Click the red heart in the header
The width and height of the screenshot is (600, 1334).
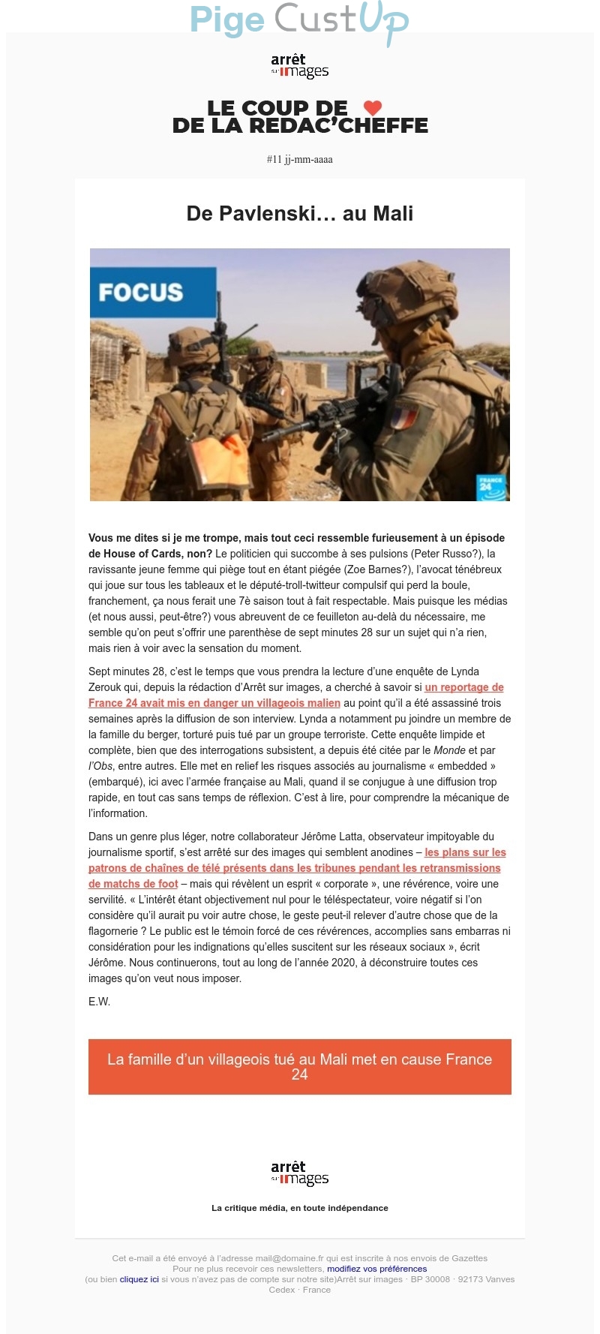click(x=373, y=108)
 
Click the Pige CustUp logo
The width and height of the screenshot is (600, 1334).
click(x=298, y=20)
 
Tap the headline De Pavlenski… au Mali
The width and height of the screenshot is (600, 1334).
click(x=300, y=214)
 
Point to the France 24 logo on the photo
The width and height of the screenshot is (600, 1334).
click(x=491, y=487)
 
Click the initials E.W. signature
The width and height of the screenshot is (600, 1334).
click(x=100, y=1002)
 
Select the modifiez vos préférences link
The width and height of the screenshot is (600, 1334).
click(x=376, y=1269)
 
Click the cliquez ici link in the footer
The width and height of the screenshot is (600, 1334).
click(x=139, y=1279)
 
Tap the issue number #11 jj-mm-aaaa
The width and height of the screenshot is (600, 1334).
click(x=300, y=159)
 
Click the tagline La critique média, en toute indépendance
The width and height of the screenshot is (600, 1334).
click(x=300, y=1208)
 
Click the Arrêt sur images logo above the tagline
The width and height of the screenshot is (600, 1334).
click(x=300, y=1173)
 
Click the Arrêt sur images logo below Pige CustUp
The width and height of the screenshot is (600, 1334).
click(x=300, y=66)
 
